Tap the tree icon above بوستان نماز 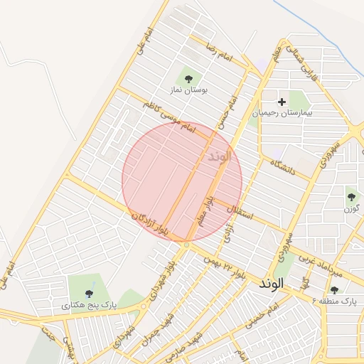pos(188,79)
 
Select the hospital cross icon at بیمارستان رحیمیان pos(282,102)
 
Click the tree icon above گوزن pos(351,197)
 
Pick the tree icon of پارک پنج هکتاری pos(89,293)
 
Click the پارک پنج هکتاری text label pos(89,305)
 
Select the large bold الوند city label pos(271,283)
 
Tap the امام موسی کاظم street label pos(168,117)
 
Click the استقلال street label pos(242,209)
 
